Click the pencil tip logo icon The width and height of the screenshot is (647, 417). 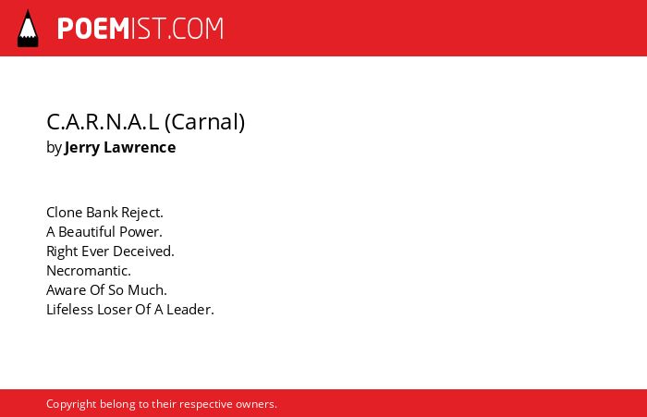28,29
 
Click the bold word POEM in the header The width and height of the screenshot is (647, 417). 93,29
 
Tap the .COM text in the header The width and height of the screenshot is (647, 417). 195,29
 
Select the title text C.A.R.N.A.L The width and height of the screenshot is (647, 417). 103,122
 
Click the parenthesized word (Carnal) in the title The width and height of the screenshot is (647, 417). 204,122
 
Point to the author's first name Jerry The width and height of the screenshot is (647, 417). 81,148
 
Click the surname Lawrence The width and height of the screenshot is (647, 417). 140,147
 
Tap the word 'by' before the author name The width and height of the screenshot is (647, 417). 54,148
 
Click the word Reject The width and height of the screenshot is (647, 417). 142,213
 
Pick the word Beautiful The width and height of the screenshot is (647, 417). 86,232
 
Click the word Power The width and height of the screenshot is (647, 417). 140,232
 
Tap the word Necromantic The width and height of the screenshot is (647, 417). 89,270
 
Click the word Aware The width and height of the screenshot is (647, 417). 66,289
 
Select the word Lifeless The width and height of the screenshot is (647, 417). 69,309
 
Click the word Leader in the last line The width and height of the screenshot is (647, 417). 190,309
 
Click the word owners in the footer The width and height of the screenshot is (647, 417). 256,404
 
